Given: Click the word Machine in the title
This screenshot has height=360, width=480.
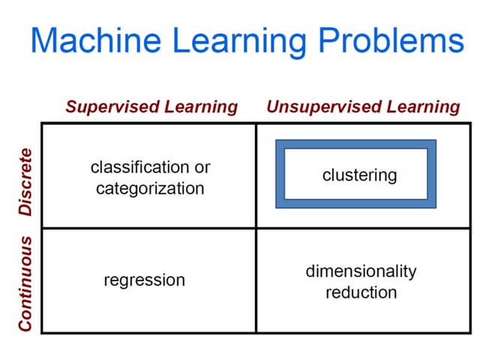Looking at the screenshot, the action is click(96, 40).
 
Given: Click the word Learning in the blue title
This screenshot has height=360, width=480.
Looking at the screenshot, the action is click(239, 43).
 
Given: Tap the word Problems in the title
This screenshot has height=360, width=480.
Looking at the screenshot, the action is click(391, 40).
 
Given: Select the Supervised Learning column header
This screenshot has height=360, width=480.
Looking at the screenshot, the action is click(151, 107).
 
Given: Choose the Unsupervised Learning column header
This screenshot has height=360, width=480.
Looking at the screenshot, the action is click(363, 107).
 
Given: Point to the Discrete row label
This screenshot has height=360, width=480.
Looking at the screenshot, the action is click(25, 182).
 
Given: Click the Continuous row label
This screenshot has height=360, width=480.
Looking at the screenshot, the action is click(25, 283).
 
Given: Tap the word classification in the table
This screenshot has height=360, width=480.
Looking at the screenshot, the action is click(139, 167).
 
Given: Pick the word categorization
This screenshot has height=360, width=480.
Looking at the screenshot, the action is click(150, 188).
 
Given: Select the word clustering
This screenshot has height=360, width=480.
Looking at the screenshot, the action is click(360, 175).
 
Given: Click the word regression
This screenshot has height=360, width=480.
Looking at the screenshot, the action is click(145, 280).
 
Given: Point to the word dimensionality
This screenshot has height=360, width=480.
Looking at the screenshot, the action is click(361, 271).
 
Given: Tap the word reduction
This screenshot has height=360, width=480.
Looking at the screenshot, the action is click(361, 292).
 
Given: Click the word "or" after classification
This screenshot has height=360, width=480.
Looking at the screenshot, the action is click(202, 168).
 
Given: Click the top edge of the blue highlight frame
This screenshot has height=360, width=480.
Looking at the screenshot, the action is click(356, 145).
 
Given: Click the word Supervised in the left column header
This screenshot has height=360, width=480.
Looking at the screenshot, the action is click(113, 107).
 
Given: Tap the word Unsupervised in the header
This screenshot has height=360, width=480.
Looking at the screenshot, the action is click(324, 107).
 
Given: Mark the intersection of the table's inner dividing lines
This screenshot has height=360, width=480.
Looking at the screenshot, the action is click(256, 228).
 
